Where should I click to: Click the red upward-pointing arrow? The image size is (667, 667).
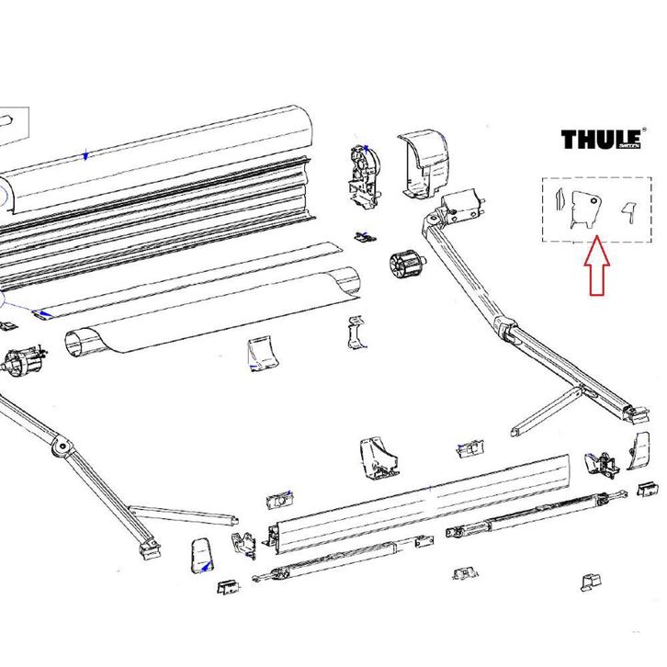click(x=594, y=266)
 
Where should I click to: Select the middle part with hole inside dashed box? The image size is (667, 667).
click(x=583, y=209)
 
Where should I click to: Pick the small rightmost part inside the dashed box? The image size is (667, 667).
click(x=629, y=210)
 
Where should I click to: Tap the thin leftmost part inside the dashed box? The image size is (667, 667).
click(x=557, y=207)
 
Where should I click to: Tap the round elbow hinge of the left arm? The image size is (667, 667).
click(x=62, y=447)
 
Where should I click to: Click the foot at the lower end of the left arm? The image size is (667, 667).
click(x=145, y=548)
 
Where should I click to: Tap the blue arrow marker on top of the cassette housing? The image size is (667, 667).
click(x=85, y=155)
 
